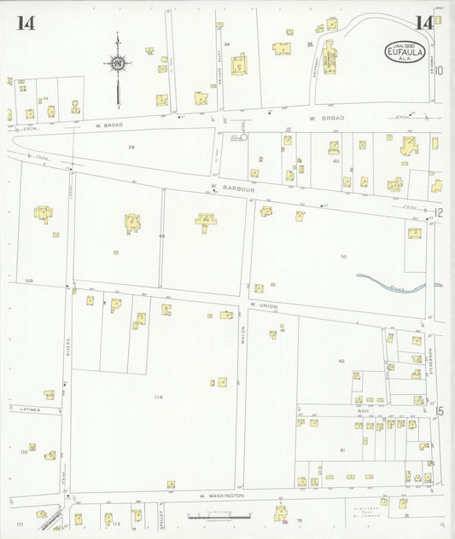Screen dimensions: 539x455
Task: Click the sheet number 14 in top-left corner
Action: click(25, 23)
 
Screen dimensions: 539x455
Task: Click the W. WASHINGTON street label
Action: click(222, 495)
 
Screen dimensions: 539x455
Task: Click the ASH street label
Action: click(362, 411)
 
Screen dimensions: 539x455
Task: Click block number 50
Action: click(343, 256)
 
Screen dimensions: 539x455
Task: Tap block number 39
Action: click(131, 148)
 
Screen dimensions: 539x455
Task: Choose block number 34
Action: click(227, 43)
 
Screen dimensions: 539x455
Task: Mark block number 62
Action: click(341, 361)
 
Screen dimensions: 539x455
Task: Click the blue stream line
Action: click(397, 283)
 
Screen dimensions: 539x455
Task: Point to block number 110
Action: click(24, 452)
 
